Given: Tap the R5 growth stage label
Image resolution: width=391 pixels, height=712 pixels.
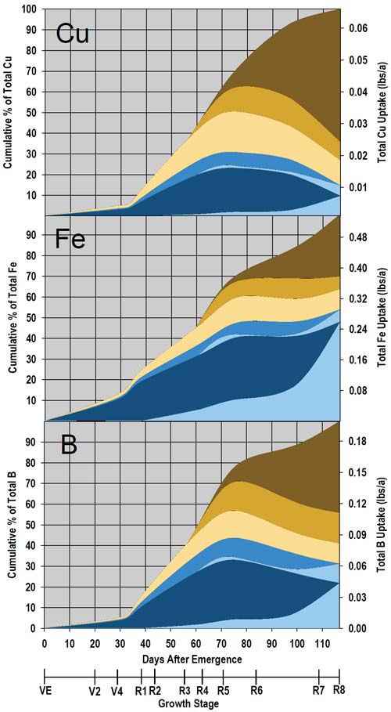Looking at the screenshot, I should click(x=223, y=690).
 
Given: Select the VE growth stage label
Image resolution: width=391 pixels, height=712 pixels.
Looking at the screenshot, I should click(x=45, y=690).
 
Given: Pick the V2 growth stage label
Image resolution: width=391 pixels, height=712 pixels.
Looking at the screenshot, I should click(x=95, y=690).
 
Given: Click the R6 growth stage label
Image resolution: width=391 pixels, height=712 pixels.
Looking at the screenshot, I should click(x=256, y=690).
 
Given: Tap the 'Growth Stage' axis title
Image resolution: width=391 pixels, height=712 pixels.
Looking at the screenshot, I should click(x=192, y=703).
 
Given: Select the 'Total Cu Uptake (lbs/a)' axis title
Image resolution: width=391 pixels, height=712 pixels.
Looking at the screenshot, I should click(x=381, y=111).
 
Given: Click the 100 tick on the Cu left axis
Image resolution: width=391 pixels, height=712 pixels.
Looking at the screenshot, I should click(x=30, y=9).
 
